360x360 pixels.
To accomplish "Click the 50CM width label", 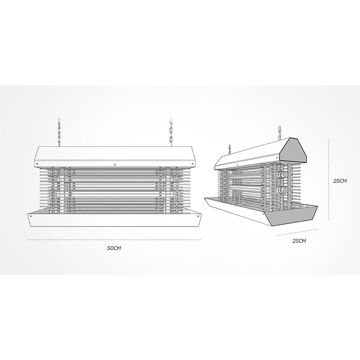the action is tap(114, 248).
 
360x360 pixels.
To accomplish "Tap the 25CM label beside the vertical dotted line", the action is tap(340, 181).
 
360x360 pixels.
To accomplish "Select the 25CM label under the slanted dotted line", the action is tap(299, 241).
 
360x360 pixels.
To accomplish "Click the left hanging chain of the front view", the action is tap(59, 132).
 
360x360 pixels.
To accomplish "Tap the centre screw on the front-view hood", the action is tap(115, 165).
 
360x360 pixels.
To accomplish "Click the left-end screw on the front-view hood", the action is tap(37, 164).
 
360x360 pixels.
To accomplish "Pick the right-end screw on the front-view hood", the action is tap(192, 164).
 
